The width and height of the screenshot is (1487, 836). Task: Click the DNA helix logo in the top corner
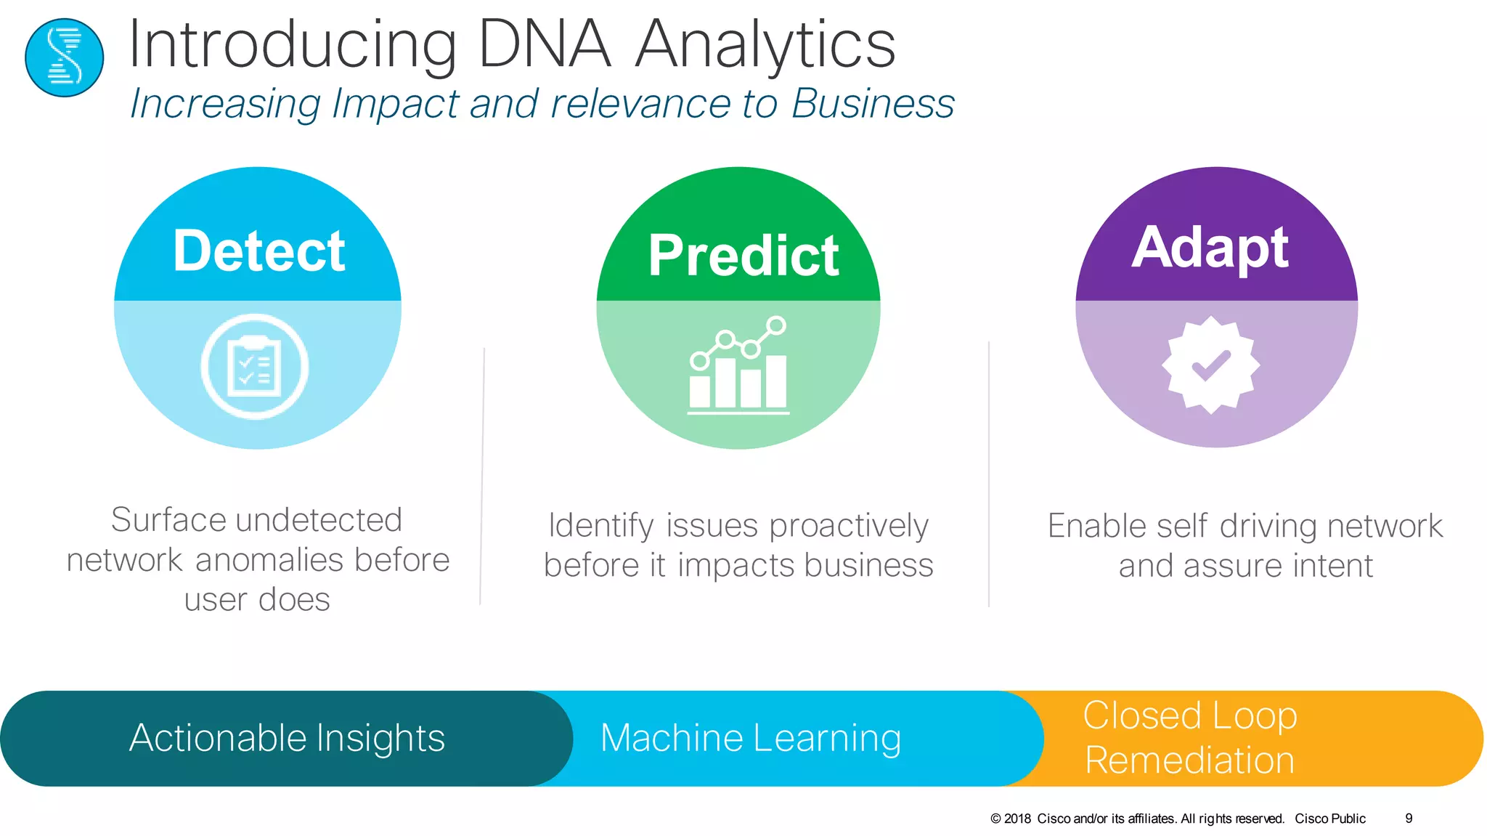click(x=64, y=58)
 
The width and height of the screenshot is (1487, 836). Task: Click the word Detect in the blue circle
click(x=258, y=251)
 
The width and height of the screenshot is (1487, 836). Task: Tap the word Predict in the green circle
click(x=743, y=256)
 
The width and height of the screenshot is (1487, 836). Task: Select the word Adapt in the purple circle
click(x=1210, y=248)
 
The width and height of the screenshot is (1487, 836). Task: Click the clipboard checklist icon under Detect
click(x=254, y=366)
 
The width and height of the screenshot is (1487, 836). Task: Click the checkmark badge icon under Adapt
click(x=1210, y=365)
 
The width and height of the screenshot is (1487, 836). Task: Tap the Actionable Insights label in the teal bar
click(x=287, y=738)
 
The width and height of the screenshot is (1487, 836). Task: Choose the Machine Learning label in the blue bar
click(x=751, y=738)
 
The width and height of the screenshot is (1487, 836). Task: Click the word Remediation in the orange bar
click(x=1189, y=760)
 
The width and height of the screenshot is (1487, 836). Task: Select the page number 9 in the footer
click(x=1409, y=819)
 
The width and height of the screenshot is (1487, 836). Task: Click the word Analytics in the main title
click(x=765, y=45)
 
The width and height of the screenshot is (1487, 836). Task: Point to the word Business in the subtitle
click(x=872, y=104)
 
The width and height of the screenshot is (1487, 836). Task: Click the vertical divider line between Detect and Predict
click(x=482, y=476)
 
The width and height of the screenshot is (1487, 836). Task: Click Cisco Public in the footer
click(x=1329, y=819)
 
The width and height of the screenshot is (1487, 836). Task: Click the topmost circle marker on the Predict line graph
click(x=776, y=325)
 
